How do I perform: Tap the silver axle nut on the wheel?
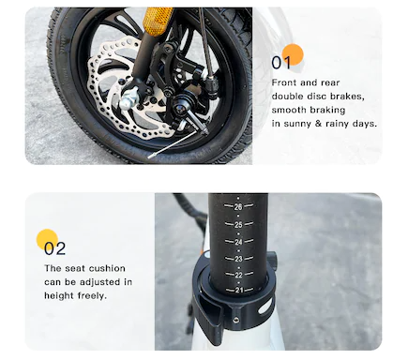128,98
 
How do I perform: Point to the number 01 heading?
281,63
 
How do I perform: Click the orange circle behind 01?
293,54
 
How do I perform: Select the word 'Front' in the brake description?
284,82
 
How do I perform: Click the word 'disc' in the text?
316,97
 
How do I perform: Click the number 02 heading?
54,248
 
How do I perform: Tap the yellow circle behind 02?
47,239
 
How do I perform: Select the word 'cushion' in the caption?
107,268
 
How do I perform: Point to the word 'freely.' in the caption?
92,295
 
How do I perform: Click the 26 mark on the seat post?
238,206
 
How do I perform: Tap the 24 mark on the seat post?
238,242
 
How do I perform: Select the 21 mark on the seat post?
239,290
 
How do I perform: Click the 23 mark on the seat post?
238,259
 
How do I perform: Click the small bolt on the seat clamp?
236,320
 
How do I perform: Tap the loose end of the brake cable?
150,157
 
